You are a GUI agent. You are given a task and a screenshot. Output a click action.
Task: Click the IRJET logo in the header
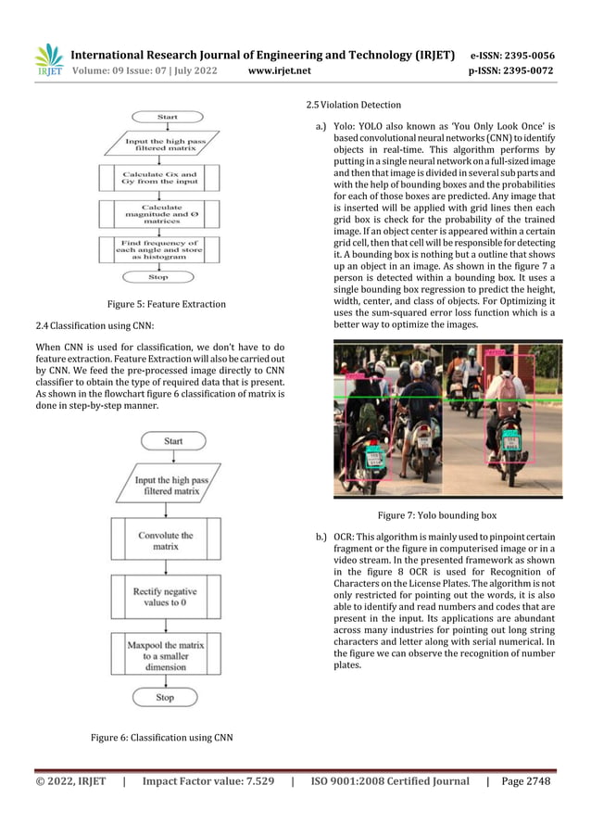point(47,60)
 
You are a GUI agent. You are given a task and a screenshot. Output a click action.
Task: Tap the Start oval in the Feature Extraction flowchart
point(168,117)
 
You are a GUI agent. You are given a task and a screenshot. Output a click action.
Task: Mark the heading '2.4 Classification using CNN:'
point(93,325)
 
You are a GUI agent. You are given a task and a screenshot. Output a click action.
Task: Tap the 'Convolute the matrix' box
point(166,541)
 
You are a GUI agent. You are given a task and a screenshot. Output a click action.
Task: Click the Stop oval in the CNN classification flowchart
point(165,697)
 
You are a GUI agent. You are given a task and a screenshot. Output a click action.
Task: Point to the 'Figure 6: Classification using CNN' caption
point(161,738)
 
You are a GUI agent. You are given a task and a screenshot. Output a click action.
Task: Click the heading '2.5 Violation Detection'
point(347,105)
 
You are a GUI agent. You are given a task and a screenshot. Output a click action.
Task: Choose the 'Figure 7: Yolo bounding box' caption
point(436,514)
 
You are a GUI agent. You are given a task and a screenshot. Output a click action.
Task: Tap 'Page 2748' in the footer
point(525,781)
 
